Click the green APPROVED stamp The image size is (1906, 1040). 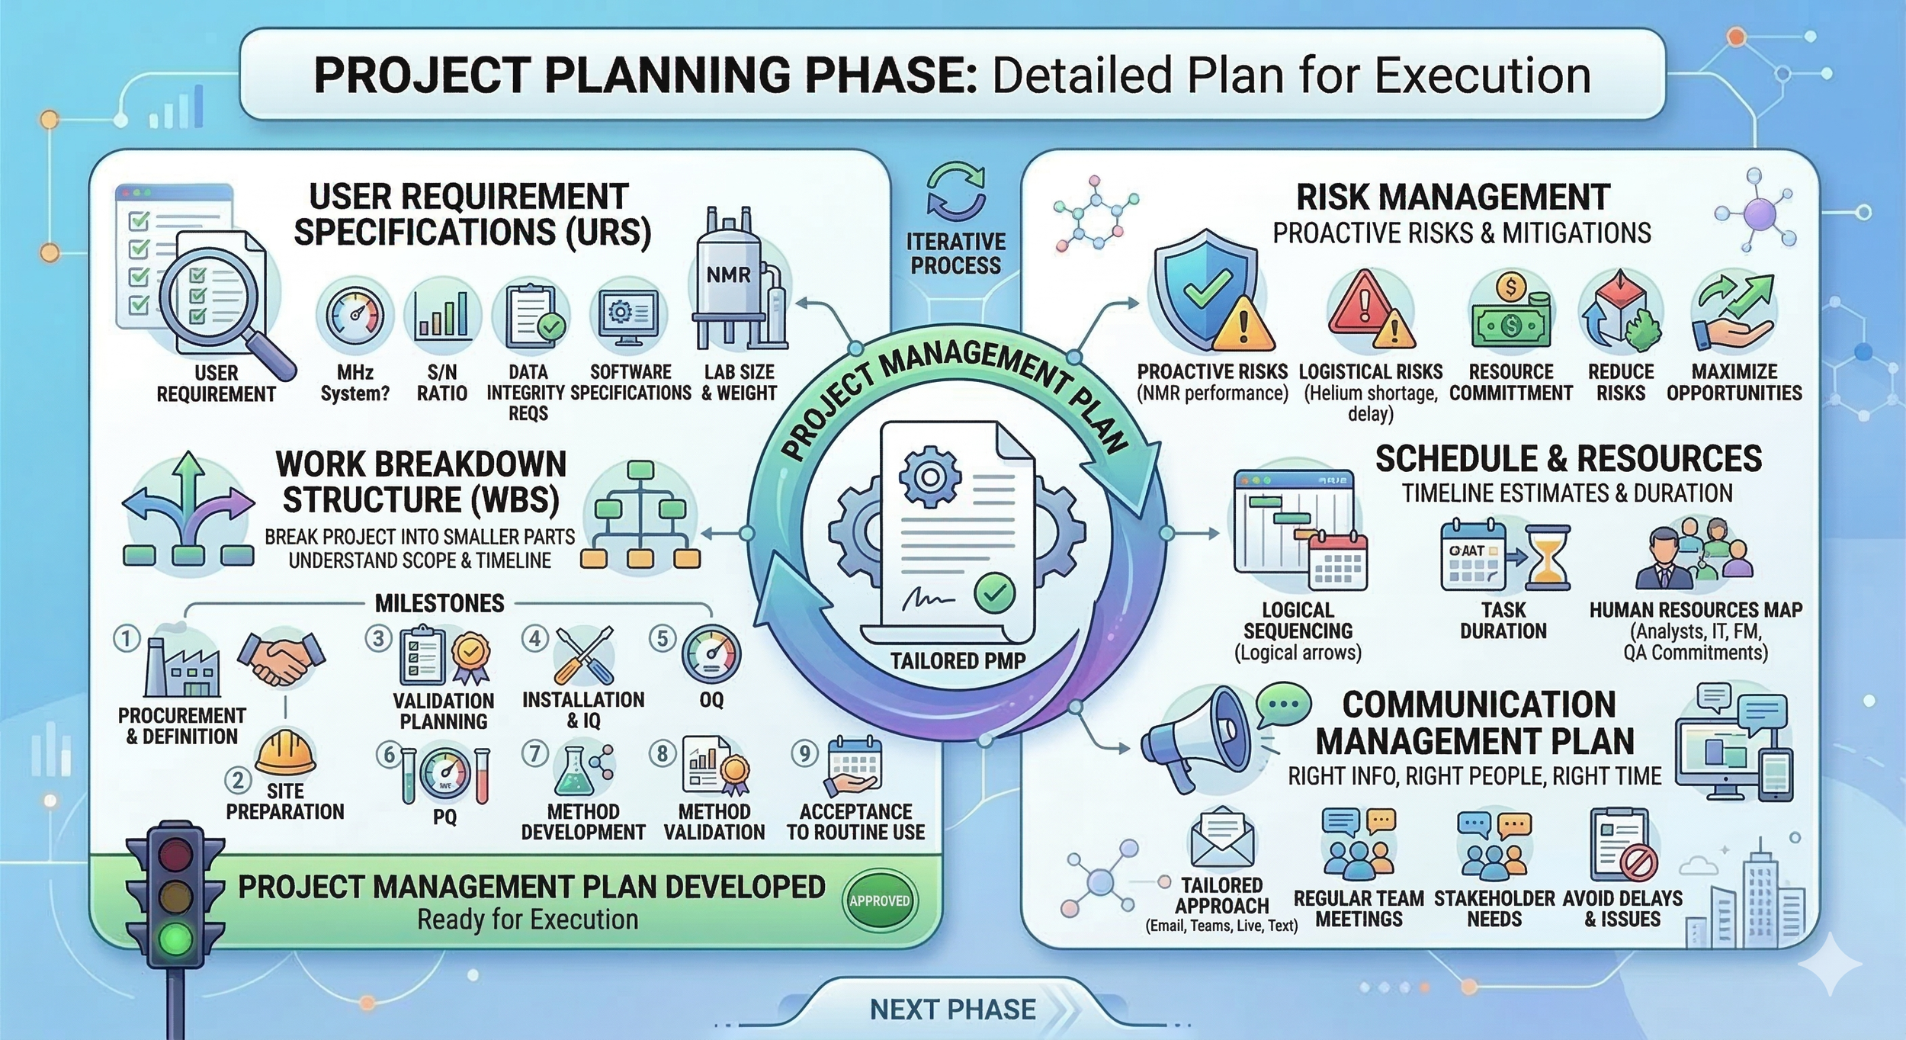tap(879, 900)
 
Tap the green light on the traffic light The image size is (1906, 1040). tap(176, 939)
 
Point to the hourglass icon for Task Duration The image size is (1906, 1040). tap(1548, 557)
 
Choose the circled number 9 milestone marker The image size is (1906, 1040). tap(804, 753)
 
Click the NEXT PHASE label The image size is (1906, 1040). tap(952, 1010)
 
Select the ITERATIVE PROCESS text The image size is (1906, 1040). tap(955, 254)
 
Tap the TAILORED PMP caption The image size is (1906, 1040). tap(958, 660)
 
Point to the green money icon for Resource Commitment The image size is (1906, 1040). tap(1510, 316)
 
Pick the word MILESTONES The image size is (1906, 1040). tap(439, 604)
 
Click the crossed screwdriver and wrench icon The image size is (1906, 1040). tap(583, 655)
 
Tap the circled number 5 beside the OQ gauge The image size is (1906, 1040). tap(662, 639)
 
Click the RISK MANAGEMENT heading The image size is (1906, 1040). tap(1453, 197)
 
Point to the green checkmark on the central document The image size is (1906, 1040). tap(994, 592)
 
